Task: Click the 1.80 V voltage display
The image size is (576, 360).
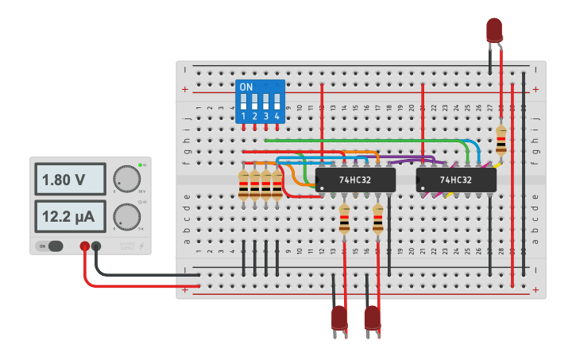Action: [70, 180]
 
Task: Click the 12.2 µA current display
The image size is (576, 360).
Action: [70, 216]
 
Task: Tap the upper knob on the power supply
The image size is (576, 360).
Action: [126, 179]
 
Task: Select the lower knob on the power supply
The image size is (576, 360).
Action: [126, 215]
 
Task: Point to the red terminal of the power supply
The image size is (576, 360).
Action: [84, 247]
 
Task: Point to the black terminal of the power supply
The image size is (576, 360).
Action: [96, 247]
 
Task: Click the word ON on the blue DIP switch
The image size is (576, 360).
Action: [246, 87]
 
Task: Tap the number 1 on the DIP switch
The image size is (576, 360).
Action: [244, 117]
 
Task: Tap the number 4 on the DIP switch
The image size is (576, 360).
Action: [276, 117]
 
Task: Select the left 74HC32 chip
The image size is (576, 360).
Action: [355, 180]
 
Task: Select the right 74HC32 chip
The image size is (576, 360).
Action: [456, 180]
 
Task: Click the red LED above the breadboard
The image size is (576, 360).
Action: [494, 30]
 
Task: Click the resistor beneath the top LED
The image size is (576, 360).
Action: [501, 140]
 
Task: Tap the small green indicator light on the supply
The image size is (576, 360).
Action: [140, 165]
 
